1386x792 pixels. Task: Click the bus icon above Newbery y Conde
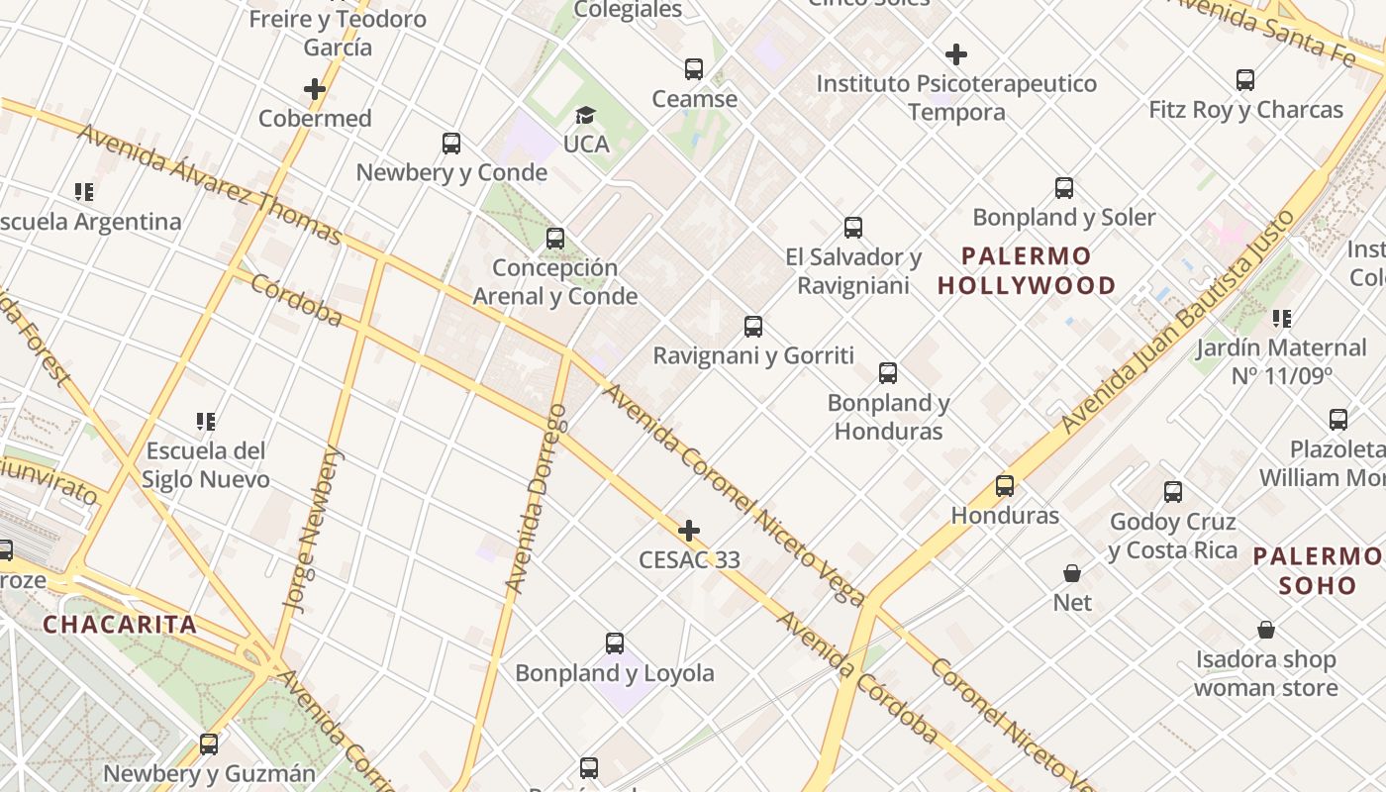451,144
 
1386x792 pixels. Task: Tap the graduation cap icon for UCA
585,116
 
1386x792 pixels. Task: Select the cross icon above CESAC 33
689,531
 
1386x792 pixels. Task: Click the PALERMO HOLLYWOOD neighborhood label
1027,271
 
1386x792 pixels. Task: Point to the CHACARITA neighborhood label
120,625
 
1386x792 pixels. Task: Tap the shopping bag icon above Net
1071,573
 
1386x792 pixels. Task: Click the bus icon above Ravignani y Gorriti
753,327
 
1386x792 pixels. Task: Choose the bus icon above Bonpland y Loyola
615,643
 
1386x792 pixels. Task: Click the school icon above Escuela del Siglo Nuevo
206,422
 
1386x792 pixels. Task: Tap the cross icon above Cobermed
315,89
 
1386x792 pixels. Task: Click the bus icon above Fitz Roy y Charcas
1245,80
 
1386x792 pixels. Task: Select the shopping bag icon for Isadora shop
1265,630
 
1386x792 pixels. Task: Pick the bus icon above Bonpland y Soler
1064,188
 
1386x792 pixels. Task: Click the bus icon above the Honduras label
1005,486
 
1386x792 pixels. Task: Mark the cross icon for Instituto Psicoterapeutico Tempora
956,54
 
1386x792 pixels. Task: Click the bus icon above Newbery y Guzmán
209,744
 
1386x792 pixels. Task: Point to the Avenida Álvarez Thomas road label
209,184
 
